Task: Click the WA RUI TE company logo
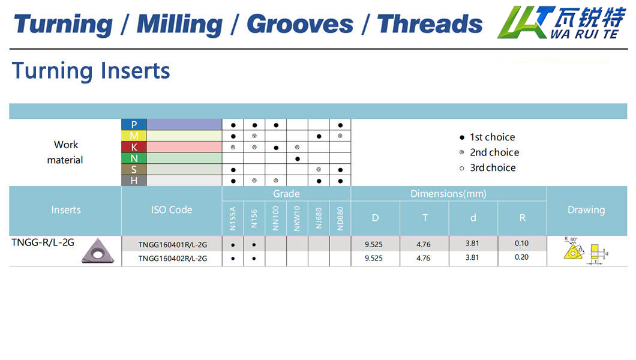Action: tap(562, 23)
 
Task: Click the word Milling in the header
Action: tap(179, 25)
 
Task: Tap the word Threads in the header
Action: tap(430, 24)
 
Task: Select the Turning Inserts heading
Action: tap(91, 71)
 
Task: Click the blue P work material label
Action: tap(134, 124)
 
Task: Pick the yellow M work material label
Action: tap(134, 136)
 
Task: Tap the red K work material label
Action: tap(134, 147)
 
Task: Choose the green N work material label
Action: tap(134, 158)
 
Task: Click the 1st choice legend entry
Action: tap(487, 137)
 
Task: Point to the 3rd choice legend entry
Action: tap(488, 168)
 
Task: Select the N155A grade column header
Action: tap(233, 218)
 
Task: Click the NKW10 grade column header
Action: tap(297, 218)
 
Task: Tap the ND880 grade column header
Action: tap(340, 218)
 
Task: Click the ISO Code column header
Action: tap(172, 210)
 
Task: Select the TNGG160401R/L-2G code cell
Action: tap(172, 244)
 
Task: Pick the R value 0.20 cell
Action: tap(521, 257)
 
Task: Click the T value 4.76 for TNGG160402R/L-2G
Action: tap(424, 258)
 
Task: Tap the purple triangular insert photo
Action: tap(98, 251)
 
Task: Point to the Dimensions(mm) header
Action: tap(448, 194)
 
